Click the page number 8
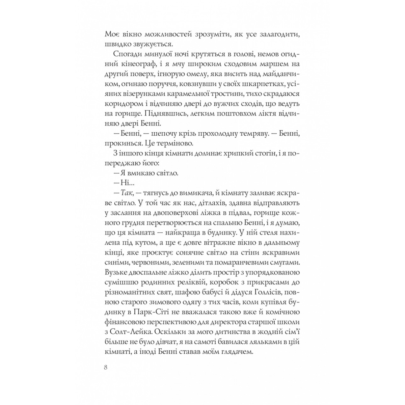pyautogui.click(x=106, y=368)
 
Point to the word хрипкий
pyautogui.click(x=221, y=153)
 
